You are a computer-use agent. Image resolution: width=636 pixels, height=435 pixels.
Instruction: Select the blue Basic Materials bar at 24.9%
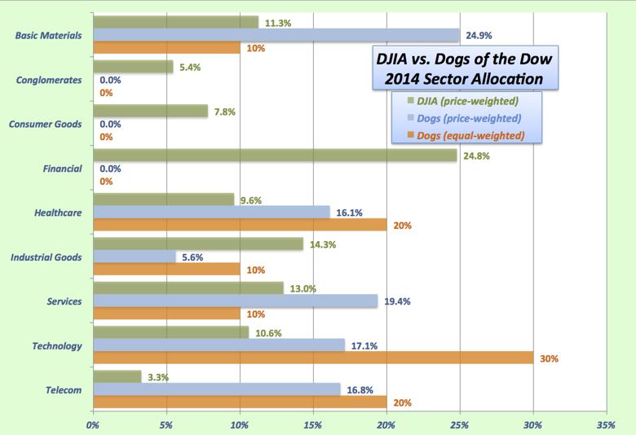pos(276,35)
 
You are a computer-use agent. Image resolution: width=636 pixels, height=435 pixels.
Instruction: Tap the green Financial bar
pos(275,155)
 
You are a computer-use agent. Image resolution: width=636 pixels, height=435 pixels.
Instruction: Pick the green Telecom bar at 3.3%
pos(117,376)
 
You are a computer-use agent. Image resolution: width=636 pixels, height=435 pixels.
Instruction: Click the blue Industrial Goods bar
pos(135,257)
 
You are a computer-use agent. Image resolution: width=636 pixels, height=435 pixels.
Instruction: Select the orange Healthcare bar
pos(240,225)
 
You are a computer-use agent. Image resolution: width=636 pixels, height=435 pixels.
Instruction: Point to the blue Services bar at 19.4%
pos(236,301)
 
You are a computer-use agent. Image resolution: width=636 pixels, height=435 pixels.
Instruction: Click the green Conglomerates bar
pos(133,67)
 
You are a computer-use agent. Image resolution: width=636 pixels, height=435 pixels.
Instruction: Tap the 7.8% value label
pos(224,111)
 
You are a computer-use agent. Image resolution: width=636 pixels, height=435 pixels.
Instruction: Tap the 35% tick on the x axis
pos(605,424)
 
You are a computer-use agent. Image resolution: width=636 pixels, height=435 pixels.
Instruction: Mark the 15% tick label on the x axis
pos(312,424)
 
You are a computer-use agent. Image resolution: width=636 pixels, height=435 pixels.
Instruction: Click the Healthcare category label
pos(57,213)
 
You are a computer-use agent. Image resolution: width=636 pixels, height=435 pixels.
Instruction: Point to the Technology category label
pos(56,345)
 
